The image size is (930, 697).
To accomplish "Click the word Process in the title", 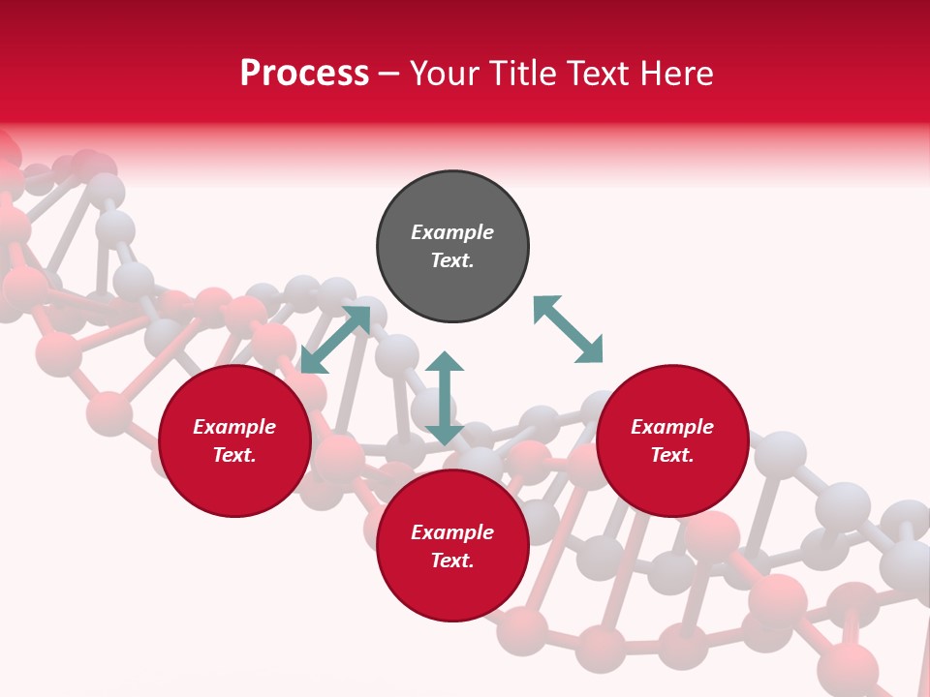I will (x=304, y=74).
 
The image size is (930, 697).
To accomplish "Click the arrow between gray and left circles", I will (x=335, y=340).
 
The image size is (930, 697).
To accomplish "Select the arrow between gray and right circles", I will (x=568, y=329).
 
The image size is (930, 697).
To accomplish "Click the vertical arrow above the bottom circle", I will (x=445, y=398).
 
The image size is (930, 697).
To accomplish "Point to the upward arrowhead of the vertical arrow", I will (x=445, y=361).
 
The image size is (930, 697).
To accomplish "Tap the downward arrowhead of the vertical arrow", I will (x=445, y=435).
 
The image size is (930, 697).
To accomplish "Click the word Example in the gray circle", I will (x=452, y=232).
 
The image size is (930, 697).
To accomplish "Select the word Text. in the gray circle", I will (x=452, y=260).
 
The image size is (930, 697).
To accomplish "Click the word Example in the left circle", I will (x=234, y=427).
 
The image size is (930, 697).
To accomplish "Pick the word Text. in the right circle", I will (x=672, y=455).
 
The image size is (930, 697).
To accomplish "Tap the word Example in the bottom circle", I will (x=452, y=532).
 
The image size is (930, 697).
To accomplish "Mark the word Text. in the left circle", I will (x=234, y=455).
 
